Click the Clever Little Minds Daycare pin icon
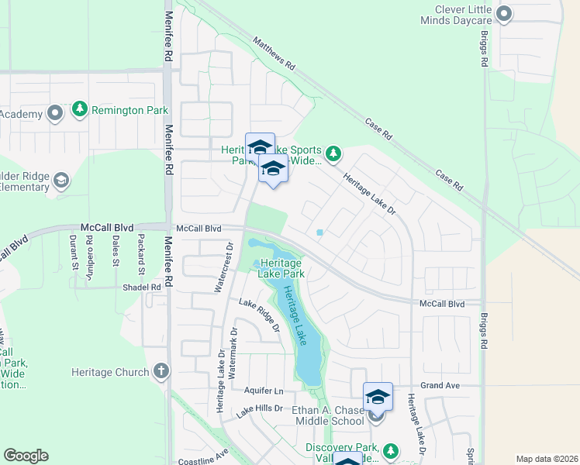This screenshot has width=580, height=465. tap(504, 13)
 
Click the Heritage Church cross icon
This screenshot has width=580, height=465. tap(161, 372)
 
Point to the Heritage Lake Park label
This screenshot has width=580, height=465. tap(282, 268)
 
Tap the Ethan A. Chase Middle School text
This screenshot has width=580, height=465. tap(327, 415)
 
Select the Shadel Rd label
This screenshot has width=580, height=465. tap(141, 287)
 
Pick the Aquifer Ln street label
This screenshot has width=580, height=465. tap(263, 391)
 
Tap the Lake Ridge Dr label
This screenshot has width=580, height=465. tap(259, 315)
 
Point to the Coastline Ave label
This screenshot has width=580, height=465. tap(204, 456)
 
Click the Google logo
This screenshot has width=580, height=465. tap(26, 456)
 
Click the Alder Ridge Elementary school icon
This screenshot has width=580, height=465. tap(60, 181)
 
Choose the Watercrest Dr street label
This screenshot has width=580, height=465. tap(230, 267)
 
